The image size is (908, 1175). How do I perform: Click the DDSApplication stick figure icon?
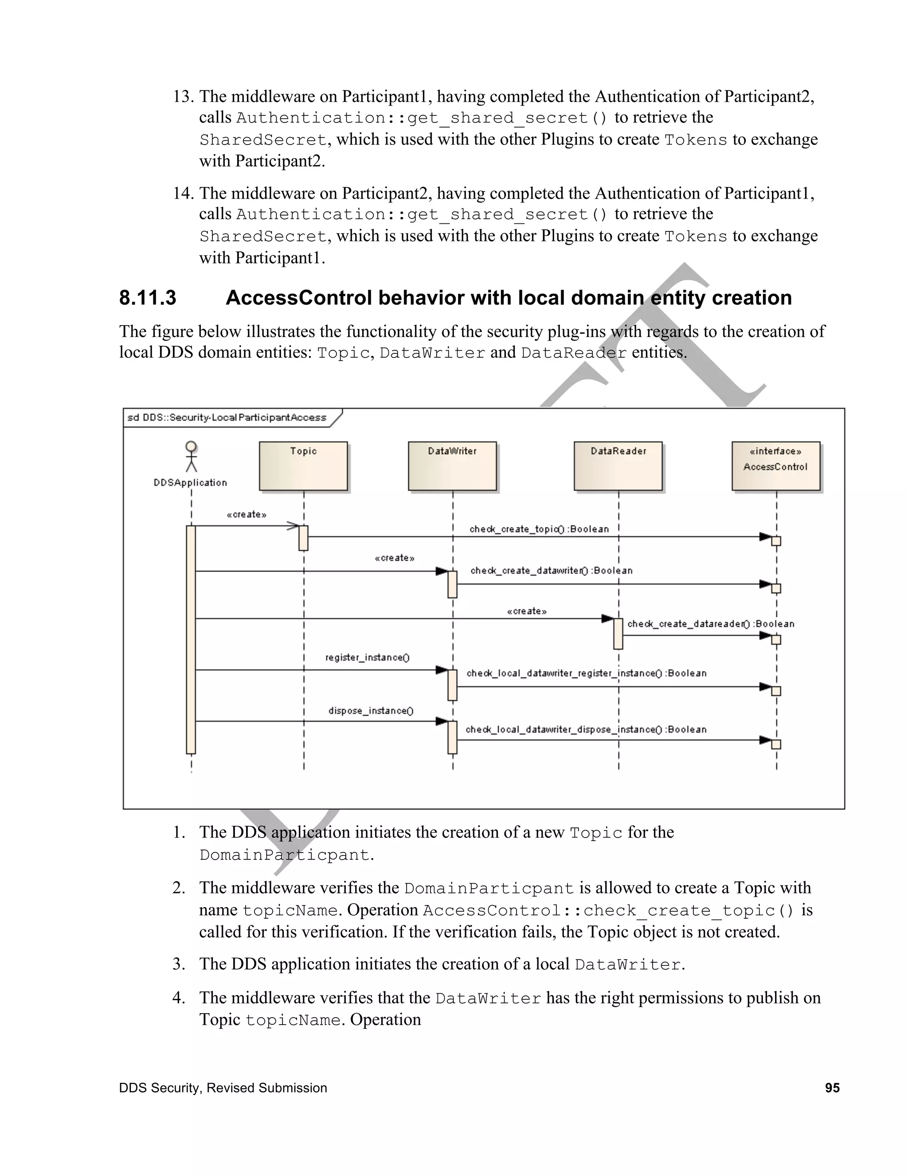point(191,456)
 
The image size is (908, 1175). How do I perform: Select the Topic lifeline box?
point(303,466)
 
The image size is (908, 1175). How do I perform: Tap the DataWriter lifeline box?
point(452,466)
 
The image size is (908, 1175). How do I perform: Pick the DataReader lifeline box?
point(618,466)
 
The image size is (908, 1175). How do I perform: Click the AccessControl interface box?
point(776,466)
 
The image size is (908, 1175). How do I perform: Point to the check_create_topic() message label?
point(539,529)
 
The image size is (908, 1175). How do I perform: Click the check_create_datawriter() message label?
point(552,570)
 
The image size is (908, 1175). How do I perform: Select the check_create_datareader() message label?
point(711,623)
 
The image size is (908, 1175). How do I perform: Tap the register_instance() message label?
point(368,658)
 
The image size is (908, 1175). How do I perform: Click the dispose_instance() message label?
point(371,711)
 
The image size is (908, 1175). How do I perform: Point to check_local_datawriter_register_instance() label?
point(586,673)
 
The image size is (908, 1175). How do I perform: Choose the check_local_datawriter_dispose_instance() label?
point(586,729)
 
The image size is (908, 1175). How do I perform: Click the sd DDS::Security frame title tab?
point(227,418)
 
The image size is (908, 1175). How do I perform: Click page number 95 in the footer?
point(832,1088)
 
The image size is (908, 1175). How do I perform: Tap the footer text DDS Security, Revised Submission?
point(223,1088)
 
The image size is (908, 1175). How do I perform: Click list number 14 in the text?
point(183,193)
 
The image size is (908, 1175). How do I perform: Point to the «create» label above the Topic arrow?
point(247,514)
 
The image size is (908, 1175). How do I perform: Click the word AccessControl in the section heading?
point(298,298)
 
